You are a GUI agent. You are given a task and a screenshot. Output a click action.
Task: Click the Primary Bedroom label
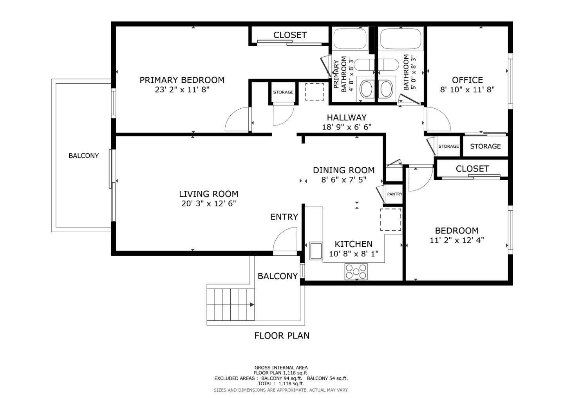pyautogui.click(x=182, y=80)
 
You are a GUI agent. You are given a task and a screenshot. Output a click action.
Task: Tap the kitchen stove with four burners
pyautogui.click(x=356, y=271)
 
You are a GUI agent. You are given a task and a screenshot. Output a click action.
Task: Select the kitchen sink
pyautogui.click(x=315, y=251)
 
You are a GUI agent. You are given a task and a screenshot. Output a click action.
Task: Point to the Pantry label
pyautogui.click(x=394, y=194)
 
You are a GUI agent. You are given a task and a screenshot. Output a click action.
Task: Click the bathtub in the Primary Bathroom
pyautogui.click(x=350, y=38)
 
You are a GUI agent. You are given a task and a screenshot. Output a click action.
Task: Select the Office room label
pyautogui.click(x=467, y=80)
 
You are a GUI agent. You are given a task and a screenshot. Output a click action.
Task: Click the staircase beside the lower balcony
pyautogui.click(x=230, y=304)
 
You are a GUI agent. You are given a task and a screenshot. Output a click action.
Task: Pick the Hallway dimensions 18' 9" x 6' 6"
pyautogui.click(x=347, y=127)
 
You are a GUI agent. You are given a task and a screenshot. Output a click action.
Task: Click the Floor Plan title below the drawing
pyautogui.click(x=282, y=335)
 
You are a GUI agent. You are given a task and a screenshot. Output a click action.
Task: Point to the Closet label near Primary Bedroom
pyautogui.click(x=290, y=35)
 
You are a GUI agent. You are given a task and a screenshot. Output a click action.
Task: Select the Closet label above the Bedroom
pyautogui.click(x=472, y=169)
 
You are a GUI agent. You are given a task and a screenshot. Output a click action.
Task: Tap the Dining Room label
pyautogui.click(x=343, y=170)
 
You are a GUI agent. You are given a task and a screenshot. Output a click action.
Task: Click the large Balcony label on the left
pyautogui.click(x=83, y=156)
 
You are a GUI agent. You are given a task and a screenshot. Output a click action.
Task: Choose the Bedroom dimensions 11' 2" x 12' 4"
pyautogui.click(x=457, y=240)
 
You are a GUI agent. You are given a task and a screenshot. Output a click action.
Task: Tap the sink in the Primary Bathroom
pyautogui.click(x=367, y=89)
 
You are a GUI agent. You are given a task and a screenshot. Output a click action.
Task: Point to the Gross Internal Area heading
pyautogui.click(x=281, y=368)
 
